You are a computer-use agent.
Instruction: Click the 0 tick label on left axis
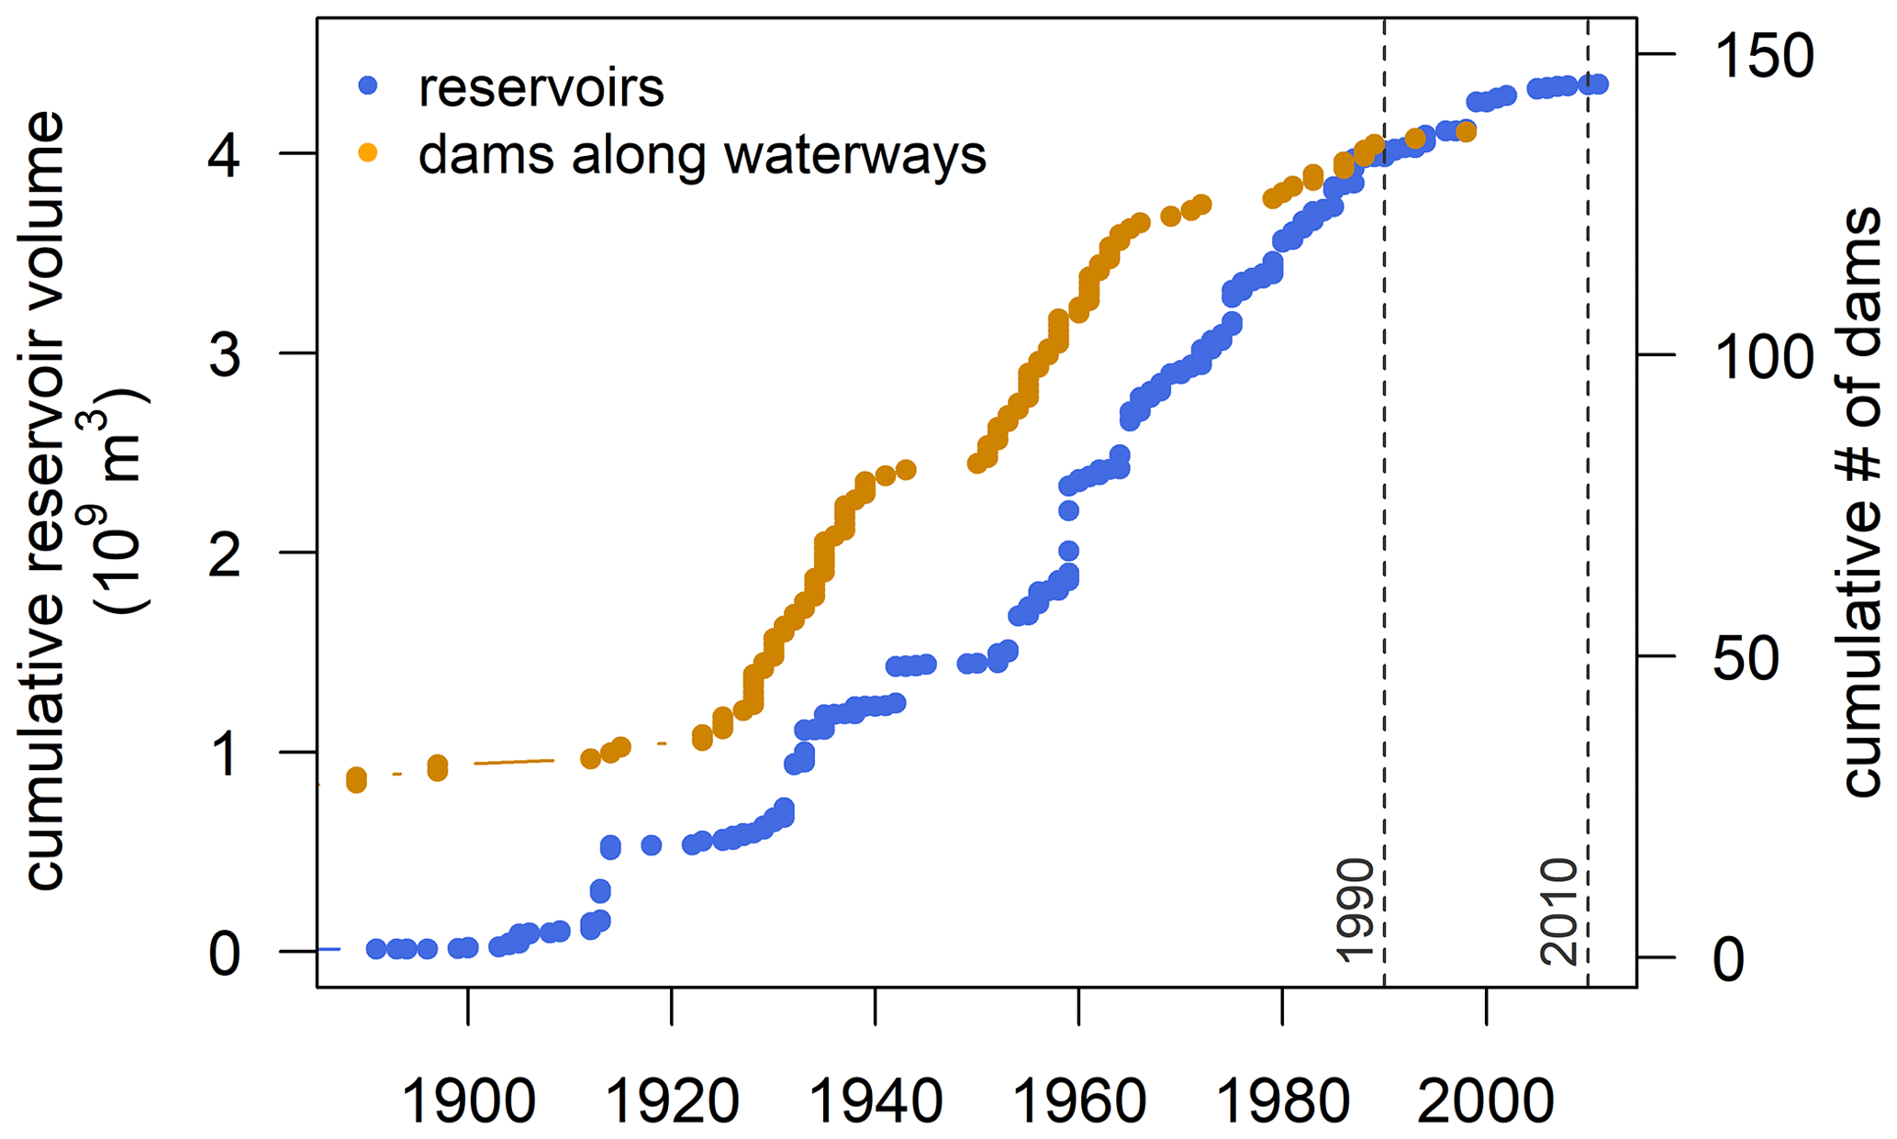pos(225,955)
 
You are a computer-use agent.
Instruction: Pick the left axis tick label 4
pos(225,156)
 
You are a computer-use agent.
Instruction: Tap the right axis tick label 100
pos(1763,357)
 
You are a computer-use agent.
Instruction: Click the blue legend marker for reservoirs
pos(368,86)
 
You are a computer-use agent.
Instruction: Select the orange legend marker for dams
pos(368,153)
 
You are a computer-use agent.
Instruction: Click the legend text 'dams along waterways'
pos(702,154)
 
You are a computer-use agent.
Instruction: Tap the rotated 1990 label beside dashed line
pos(1355,911)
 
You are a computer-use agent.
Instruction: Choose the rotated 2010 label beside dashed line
pos(1558,911)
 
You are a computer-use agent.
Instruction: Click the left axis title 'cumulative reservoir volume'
pos(46,500)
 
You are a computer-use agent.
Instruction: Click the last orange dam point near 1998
pos(1466,132)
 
